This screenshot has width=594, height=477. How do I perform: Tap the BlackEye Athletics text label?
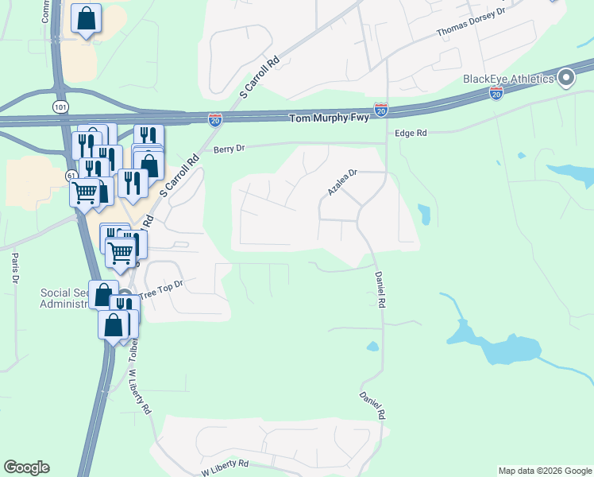pos(508,79)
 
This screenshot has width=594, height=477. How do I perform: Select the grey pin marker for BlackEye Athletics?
pos(566,78)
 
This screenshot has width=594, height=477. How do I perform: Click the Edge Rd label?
pos(411,134)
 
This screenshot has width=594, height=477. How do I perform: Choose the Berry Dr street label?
pos(229,149)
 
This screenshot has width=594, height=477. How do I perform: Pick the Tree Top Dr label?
pos(161,289)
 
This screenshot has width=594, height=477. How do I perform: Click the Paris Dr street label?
pos(14,269)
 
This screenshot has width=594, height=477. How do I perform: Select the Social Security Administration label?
pos(64,298)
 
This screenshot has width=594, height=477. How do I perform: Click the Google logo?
pos(26,467)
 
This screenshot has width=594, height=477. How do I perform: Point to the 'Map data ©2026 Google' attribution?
pos(544,471)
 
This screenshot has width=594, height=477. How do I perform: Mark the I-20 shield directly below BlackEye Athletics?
pos(496,94)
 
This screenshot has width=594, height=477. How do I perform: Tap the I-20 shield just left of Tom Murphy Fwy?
pos(215,119)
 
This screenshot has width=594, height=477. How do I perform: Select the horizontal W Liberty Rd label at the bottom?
pos(225,467)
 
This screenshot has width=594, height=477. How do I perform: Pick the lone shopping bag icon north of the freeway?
pos(86,19)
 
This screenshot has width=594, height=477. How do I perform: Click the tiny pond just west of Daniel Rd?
pos(372,346)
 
